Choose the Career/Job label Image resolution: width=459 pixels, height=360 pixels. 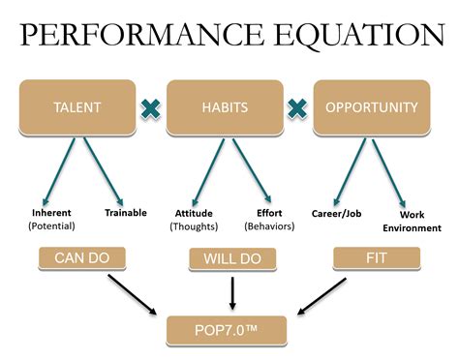coord(336,212)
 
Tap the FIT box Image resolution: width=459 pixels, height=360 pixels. coord(376,259)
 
